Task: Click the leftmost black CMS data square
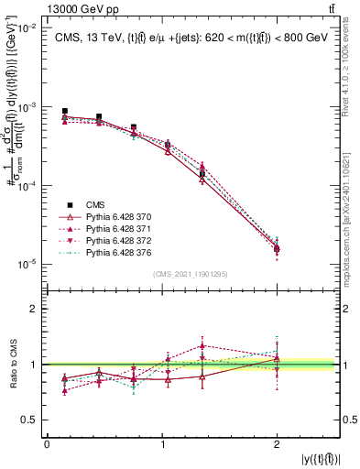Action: coord(64,111)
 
